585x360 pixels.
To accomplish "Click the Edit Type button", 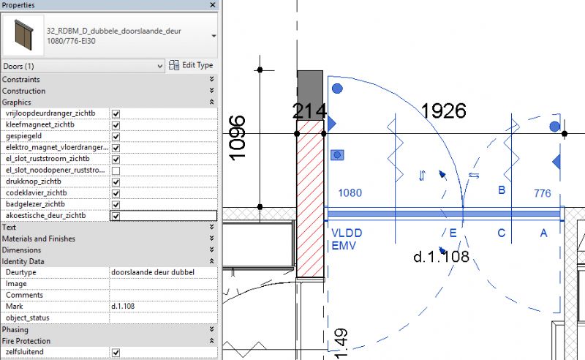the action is (x=191, y=65).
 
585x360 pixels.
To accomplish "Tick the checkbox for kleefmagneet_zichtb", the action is (x=116, y=125).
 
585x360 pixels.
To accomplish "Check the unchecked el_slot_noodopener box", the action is (x=116, y=170).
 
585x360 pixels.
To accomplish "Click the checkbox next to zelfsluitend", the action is (x=116, y=353).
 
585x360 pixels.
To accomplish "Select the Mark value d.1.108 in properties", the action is (x=123, y=307).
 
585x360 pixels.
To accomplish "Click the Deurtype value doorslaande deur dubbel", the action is (x=153, y=272).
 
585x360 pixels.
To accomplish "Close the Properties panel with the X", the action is (x=213, y=5).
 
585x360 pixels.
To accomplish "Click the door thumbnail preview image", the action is (x=23, y=35).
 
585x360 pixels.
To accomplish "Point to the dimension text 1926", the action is (x=444, y=111).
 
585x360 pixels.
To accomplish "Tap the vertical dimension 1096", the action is (x=237, y=138).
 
